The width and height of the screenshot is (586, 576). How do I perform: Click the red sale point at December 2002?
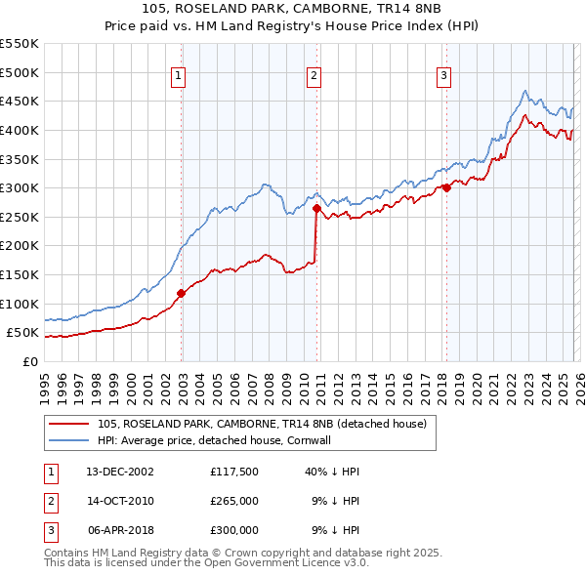click(181, 293)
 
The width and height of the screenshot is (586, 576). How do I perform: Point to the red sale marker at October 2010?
click(316, 208)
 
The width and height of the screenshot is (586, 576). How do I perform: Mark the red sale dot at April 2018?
click(446, 187)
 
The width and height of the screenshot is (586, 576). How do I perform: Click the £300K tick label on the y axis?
click(20, 187)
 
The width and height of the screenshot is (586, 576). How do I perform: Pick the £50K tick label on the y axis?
click(23, 333)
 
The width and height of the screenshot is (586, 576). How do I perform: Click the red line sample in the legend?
click(70, 425)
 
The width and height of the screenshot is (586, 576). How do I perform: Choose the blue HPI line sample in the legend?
click(70, 440)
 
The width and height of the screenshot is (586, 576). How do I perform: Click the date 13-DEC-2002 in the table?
click(120, 472)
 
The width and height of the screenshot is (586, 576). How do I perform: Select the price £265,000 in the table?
click(234, 501)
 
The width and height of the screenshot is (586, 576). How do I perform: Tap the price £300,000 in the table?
click(234, 530)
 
